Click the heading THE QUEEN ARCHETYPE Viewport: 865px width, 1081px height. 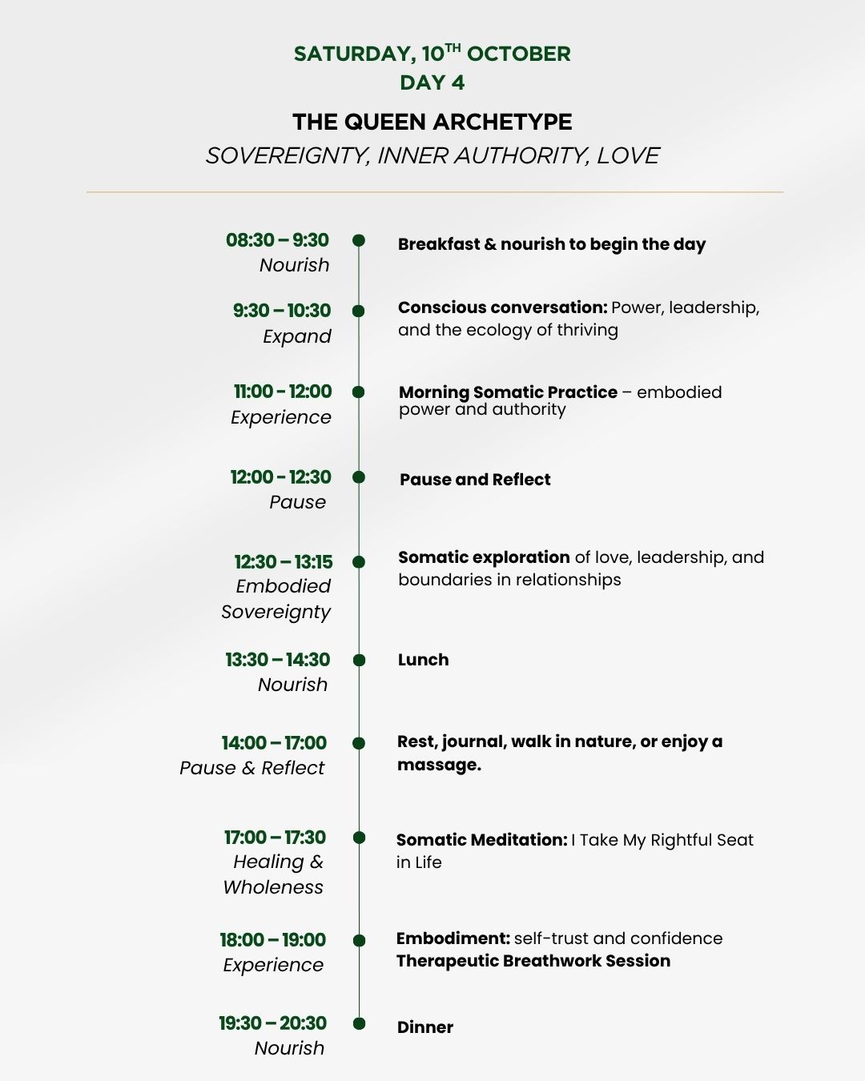pos(432,122)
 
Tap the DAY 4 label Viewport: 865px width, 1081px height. pos(432,82)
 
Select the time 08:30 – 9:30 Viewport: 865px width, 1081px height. pos(277,240)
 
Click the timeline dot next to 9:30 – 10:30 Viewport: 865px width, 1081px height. pos(359,311)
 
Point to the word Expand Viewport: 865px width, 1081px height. pos(296,336)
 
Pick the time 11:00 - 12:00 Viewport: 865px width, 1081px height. pos(282,392)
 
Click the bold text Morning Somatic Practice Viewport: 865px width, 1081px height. pos(508,392)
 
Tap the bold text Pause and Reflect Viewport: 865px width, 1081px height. pos(475,480)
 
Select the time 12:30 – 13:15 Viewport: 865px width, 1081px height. pos(283,562)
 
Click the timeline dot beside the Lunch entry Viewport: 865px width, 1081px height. pos(359,661)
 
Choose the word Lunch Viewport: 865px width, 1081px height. pos(423,660)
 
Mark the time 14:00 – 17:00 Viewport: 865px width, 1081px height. pos(274,743)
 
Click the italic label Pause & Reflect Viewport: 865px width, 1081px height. pos(251,768)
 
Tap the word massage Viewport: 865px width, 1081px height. pos(439,765)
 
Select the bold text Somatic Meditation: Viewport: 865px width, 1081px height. pos(481,840)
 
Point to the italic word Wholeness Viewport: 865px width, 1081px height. pos(273,887)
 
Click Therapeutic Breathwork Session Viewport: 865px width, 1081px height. pos(533,961)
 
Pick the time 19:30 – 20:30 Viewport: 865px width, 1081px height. pos(272,1023)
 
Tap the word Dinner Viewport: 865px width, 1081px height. pos(424,1027)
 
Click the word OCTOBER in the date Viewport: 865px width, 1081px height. pos(519,54)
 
